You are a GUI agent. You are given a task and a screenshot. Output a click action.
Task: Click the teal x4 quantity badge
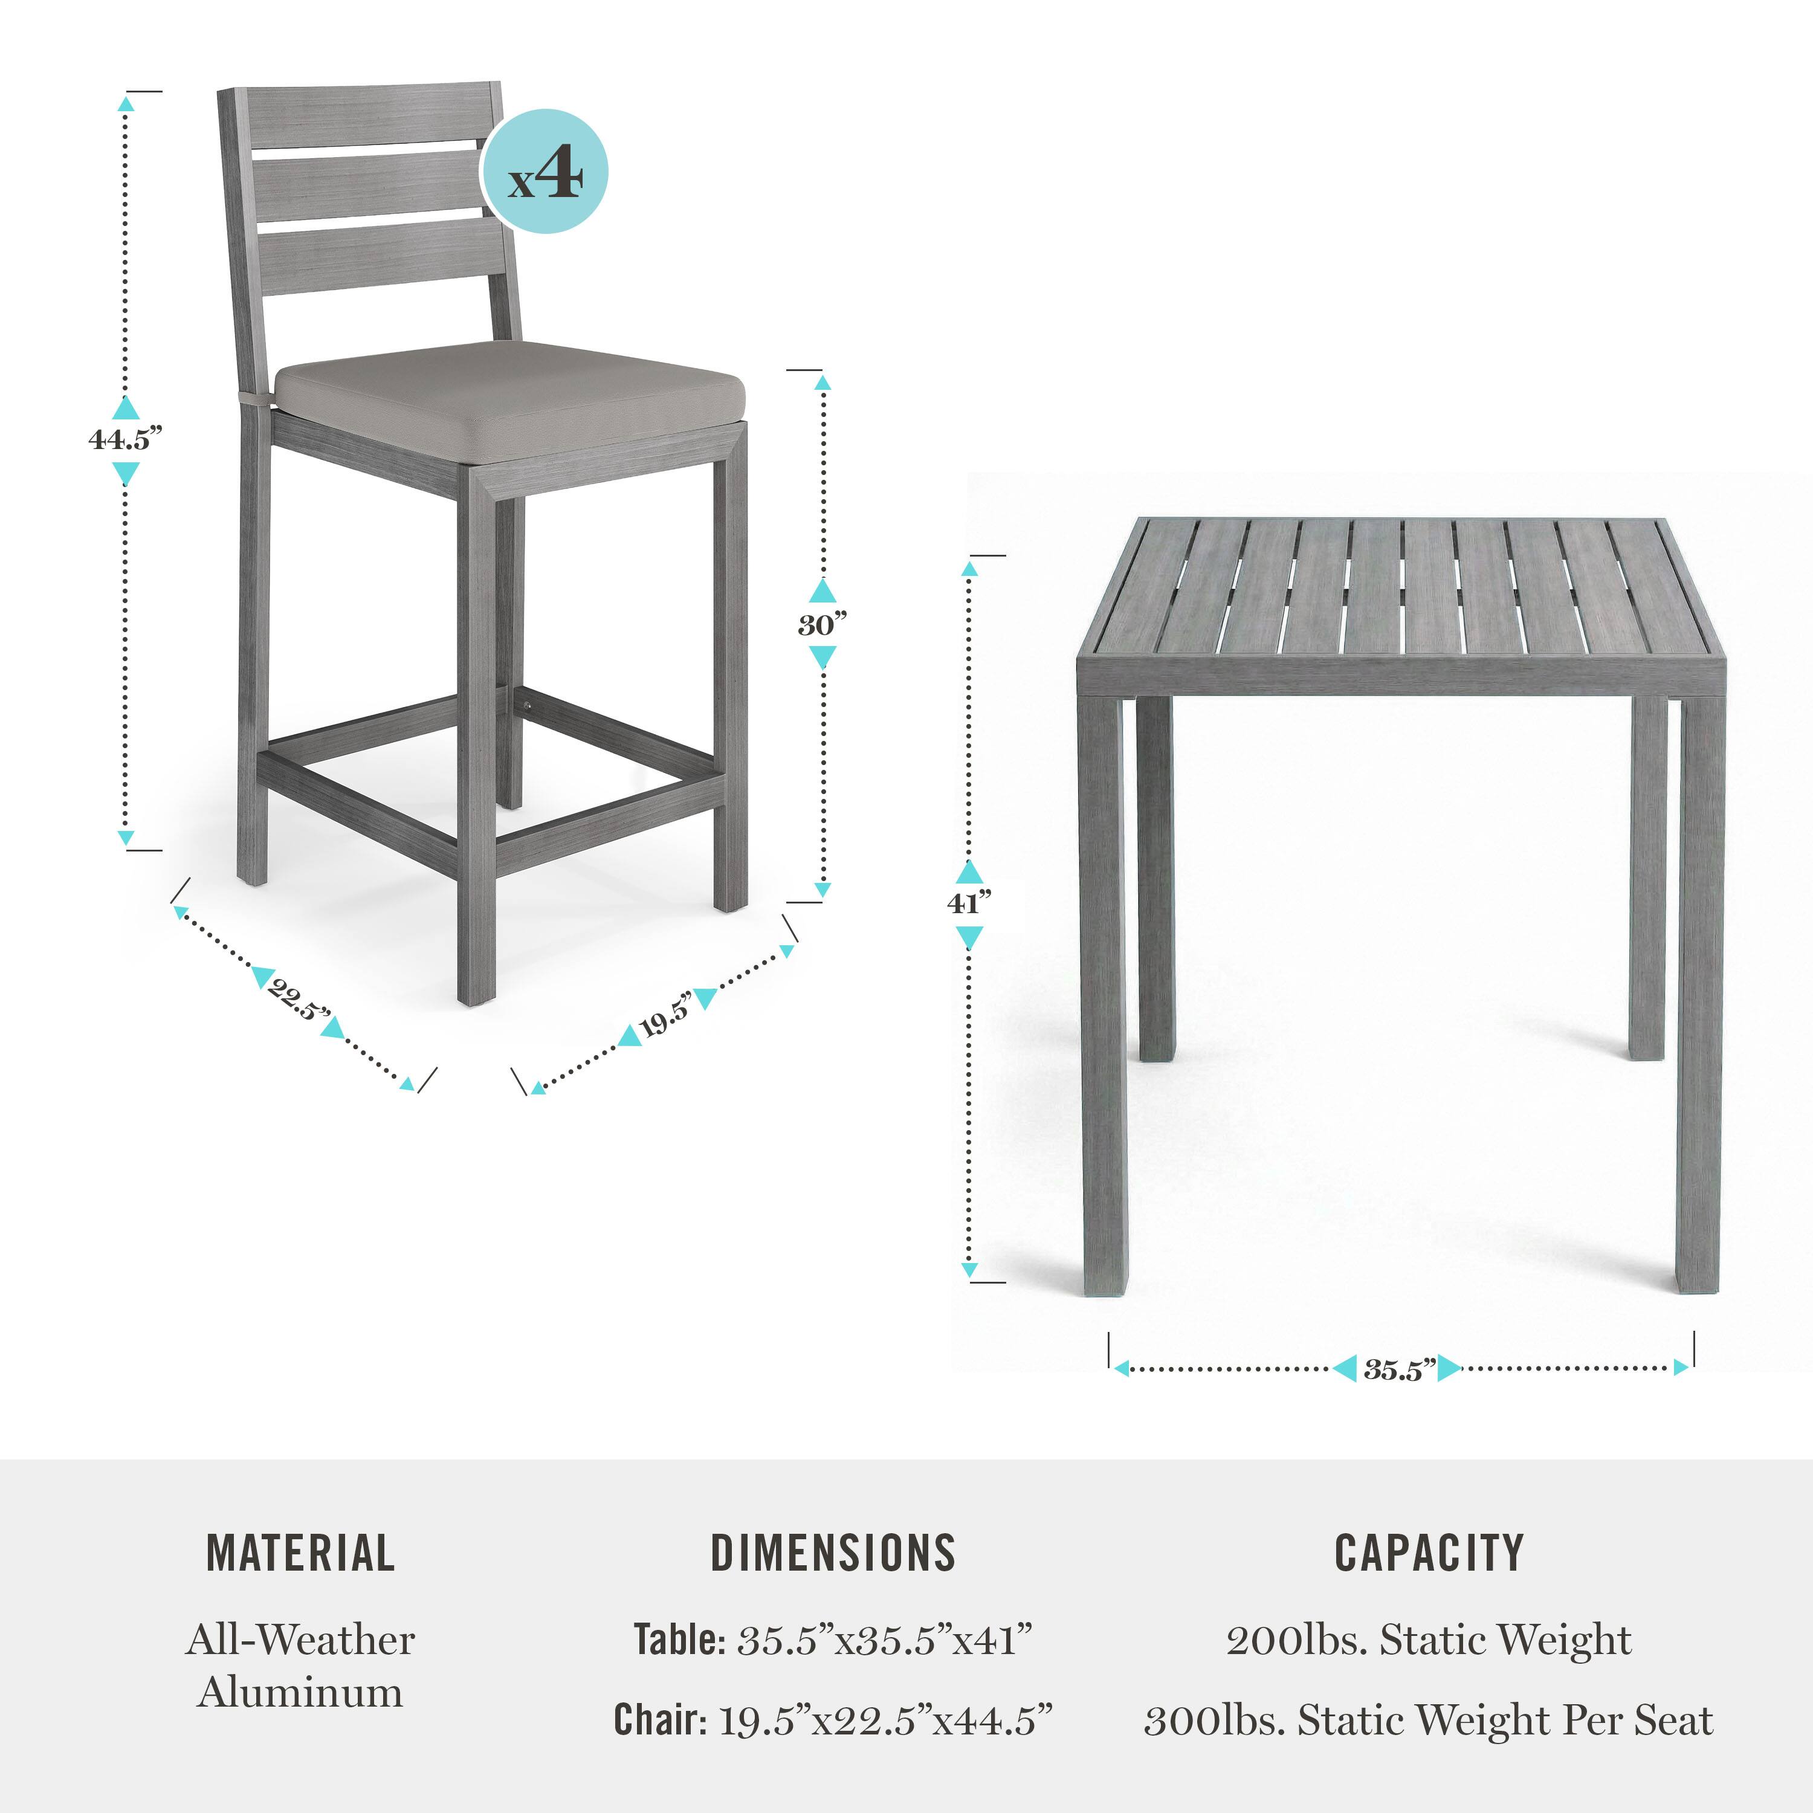pyautogui.click(x=545, y=172)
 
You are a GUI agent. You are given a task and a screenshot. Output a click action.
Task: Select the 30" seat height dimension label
pyautogui.click(x=822, y=624)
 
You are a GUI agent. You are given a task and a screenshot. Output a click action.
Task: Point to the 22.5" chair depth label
pyautogui.click(x=299, y=1000)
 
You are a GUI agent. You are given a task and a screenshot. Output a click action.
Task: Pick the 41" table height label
pyautogui.click(x=968, y=903)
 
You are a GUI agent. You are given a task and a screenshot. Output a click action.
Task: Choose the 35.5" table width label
pyautogui.click(x=1399, y=1370)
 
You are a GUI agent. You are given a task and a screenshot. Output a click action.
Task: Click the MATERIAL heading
pyautogui.click(x=300, y=1553)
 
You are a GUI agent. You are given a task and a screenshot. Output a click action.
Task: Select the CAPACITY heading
pyautogui.click(x=1429, y=1553)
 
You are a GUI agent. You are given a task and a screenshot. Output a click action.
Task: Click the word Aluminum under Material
pyautogui.click(x=300, y=1692)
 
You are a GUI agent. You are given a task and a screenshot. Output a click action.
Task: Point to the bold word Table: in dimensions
pyautogui.click(x=679, y=1640)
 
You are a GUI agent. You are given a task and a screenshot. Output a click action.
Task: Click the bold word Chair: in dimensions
pyautogui.click(x=660, y=1720)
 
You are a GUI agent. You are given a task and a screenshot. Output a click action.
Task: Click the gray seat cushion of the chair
pyautogui.click(x=509, y=399)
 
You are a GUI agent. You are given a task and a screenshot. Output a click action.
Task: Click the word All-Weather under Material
pyautogui.click(x=300, y=1640)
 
